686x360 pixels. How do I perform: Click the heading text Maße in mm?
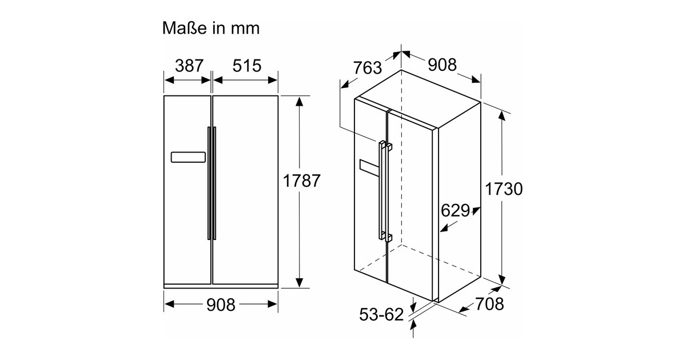pyautogui.click(x=211, y=28)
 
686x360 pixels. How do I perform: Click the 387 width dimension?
pyautogui.click(x=189, y=66)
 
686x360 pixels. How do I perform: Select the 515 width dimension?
pyautogui.click(x=247, y=66)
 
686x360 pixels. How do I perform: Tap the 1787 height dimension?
pyautogui.click(x=301, y=181)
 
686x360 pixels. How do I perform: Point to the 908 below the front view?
pyautogui.click(x=221, y=305)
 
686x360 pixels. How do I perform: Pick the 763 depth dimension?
pyautogui.click(x=368, y=67)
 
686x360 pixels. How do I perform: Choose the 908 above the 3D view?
pyautogui.click(x=442, y=65)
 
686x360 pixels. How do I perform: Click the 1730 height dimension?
pyautogui.click(x=504, y=189)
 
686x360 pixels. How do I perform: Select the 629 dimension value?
pyautogui.click(x=456, y=210)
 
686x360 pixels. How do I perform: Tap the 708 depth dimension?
pyautogui.click(x=489, y=304)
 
